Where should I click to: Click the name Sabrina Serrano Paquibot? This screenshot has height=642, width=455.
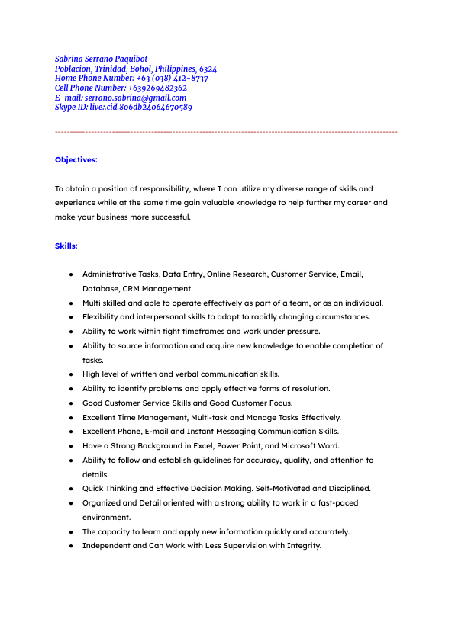pyautogui.click(x=102, y=59)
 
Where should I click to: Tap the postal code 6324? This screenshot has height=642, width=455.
pyautogui.click(x=208, y=69)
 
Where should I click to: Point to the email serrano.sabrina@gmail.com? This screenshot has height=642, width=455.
pyautogui.click(x=135, y=98)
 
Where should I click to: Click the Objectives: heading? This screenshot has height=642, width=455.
pyautogui.click(x=76, y=160)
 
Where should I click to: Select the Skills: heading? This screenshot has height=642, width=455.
pyautogui.click(x=66, y=246)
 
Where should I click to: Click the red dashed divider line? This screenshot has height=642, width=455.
pyautogui.click(x=226, y=133)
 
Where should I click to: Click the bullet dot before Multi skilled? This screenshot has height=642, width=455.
pyautogui.click(x=70, y=303)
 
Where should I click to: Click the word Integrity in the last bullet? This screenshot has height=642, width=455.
pyautogui.click(x=302, y=546)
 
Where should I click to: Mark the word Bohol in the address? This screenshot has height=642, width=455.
pyautogui.click(x=140, y=69)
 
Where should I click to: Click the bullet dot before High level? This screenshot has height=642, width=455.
pyautogui.click(x=70, y=374)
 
